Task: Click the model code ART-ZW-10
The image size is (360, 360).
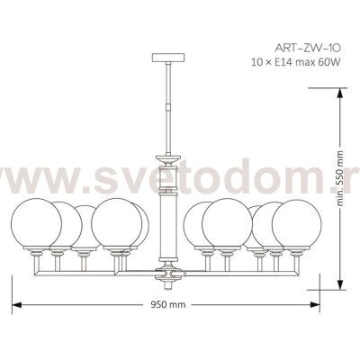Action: [308, 48]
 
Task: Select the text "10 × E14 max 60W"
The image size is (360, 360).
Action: [296, 62]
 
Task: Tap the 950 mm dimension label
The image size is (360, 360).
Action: [167, 305]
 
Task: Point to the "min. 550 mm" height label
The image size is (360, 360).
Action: [340, 178]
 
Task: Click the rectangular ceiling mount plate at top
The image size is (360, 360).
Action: [168, 58]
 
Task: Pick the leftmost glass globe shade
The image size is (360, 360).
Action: [36, 223]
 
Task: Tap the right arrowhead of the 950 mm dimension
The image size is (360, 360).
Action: [315, 305]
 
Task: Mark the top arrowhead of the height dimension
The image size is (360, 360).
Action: [340, 94]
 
